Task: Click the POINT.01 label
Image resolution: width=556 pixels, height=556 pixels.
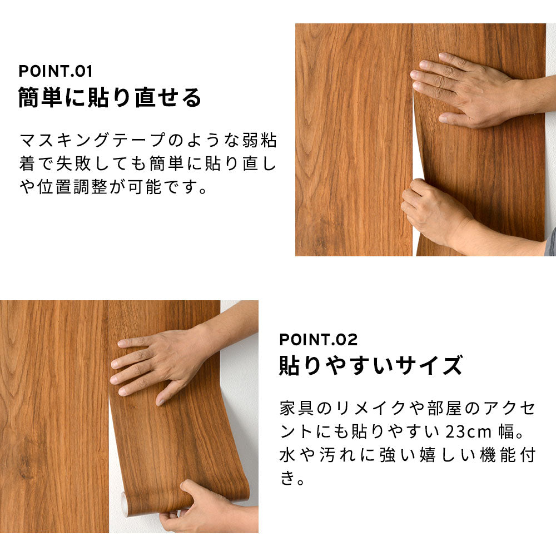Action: click(x=55, y=71)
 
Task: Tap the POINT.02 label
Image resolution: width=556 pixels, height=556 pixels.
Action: click(x=318, y=339)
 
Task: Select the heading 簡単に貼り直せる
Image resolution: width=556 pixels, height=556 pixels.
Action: click(x=110, y=98)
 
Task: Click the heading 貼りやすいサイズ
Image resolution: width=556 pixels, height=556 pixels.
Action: click(x=370, y=366)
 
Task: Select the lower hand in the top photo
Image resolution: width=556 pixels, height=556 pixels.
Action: click(x=439, y=214)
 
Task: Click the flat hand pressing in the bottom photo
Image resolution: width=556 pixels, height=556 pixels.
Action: click(x=161, y=361)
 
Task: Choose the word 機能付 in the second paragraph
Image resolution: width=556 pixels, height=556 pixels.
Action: click(x=504, y=456)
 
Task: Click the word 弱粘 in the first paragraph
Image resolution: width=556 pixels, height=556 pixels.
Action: click(x=259, y=140)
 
